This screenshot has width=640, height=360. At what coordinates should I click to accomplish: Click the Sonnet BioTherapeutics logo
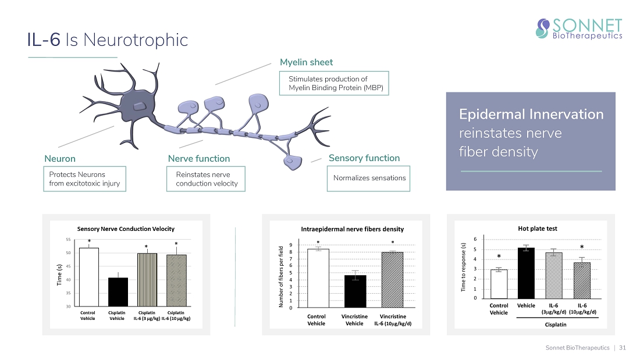point(578,28)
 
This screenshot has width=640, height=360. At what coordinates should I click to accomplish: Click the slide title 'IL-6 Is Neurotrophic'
point(108,40)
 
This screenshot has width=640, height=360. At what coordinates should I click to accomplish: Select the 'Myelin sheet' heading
point(306,62)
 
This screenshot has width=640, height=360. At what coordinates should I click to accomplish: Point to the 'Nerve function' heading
point(198,159)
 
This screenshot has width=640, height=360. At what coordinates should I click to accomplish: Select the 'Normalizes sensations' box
point(369,178)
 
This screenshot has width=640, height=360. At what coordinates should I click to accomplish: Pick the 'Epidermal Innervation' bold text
point(531,115)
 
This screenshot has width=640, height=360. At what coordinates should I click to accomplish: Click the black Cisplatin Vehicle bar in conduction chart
point(118,292)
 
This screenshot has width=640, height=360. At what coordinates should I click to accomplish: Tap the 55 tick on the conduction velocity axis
point(68,240)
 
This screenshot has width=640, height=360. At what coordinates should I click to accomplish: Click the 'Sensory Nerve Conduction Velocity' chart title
point(126,229)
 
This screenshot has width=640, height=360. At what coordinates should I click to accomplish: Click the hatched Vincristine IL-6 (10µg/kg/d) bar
point(392,280)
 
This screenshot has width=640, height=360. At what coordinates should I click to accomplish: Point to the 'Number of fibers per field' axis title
point(281,277)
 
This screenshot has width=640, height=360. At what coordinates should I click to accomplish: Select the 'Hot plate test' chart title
point(537,229)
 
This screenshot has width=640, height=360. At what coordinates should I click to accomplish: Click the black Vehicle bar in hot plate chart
point(525,273)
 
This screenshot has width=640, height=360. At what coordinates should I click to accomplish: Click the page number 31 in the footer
point(623,348)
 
